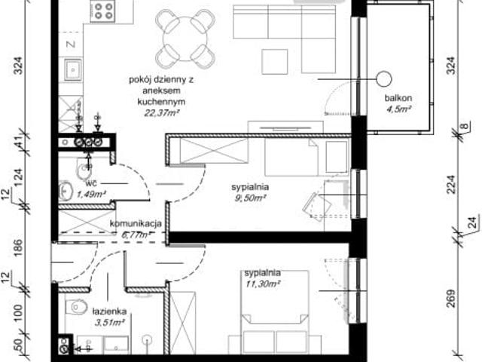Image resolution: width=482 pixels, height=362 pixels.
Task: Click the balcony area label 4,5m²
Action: click(398, 109)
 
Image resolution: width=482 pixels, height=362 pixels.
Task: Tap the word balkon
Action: click(397, 98)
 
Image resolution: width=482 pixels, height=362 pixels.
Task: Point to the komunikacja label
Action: click(136, 224)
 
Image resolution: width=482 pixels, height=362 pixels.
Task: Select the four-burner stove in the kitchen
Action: click(103, 12)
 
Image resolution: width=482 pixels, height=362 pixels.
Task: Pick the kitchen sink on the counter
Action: click(74, 72)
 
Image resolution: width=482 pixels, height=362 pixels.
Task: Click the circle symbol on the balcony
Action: click(384, 77)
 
